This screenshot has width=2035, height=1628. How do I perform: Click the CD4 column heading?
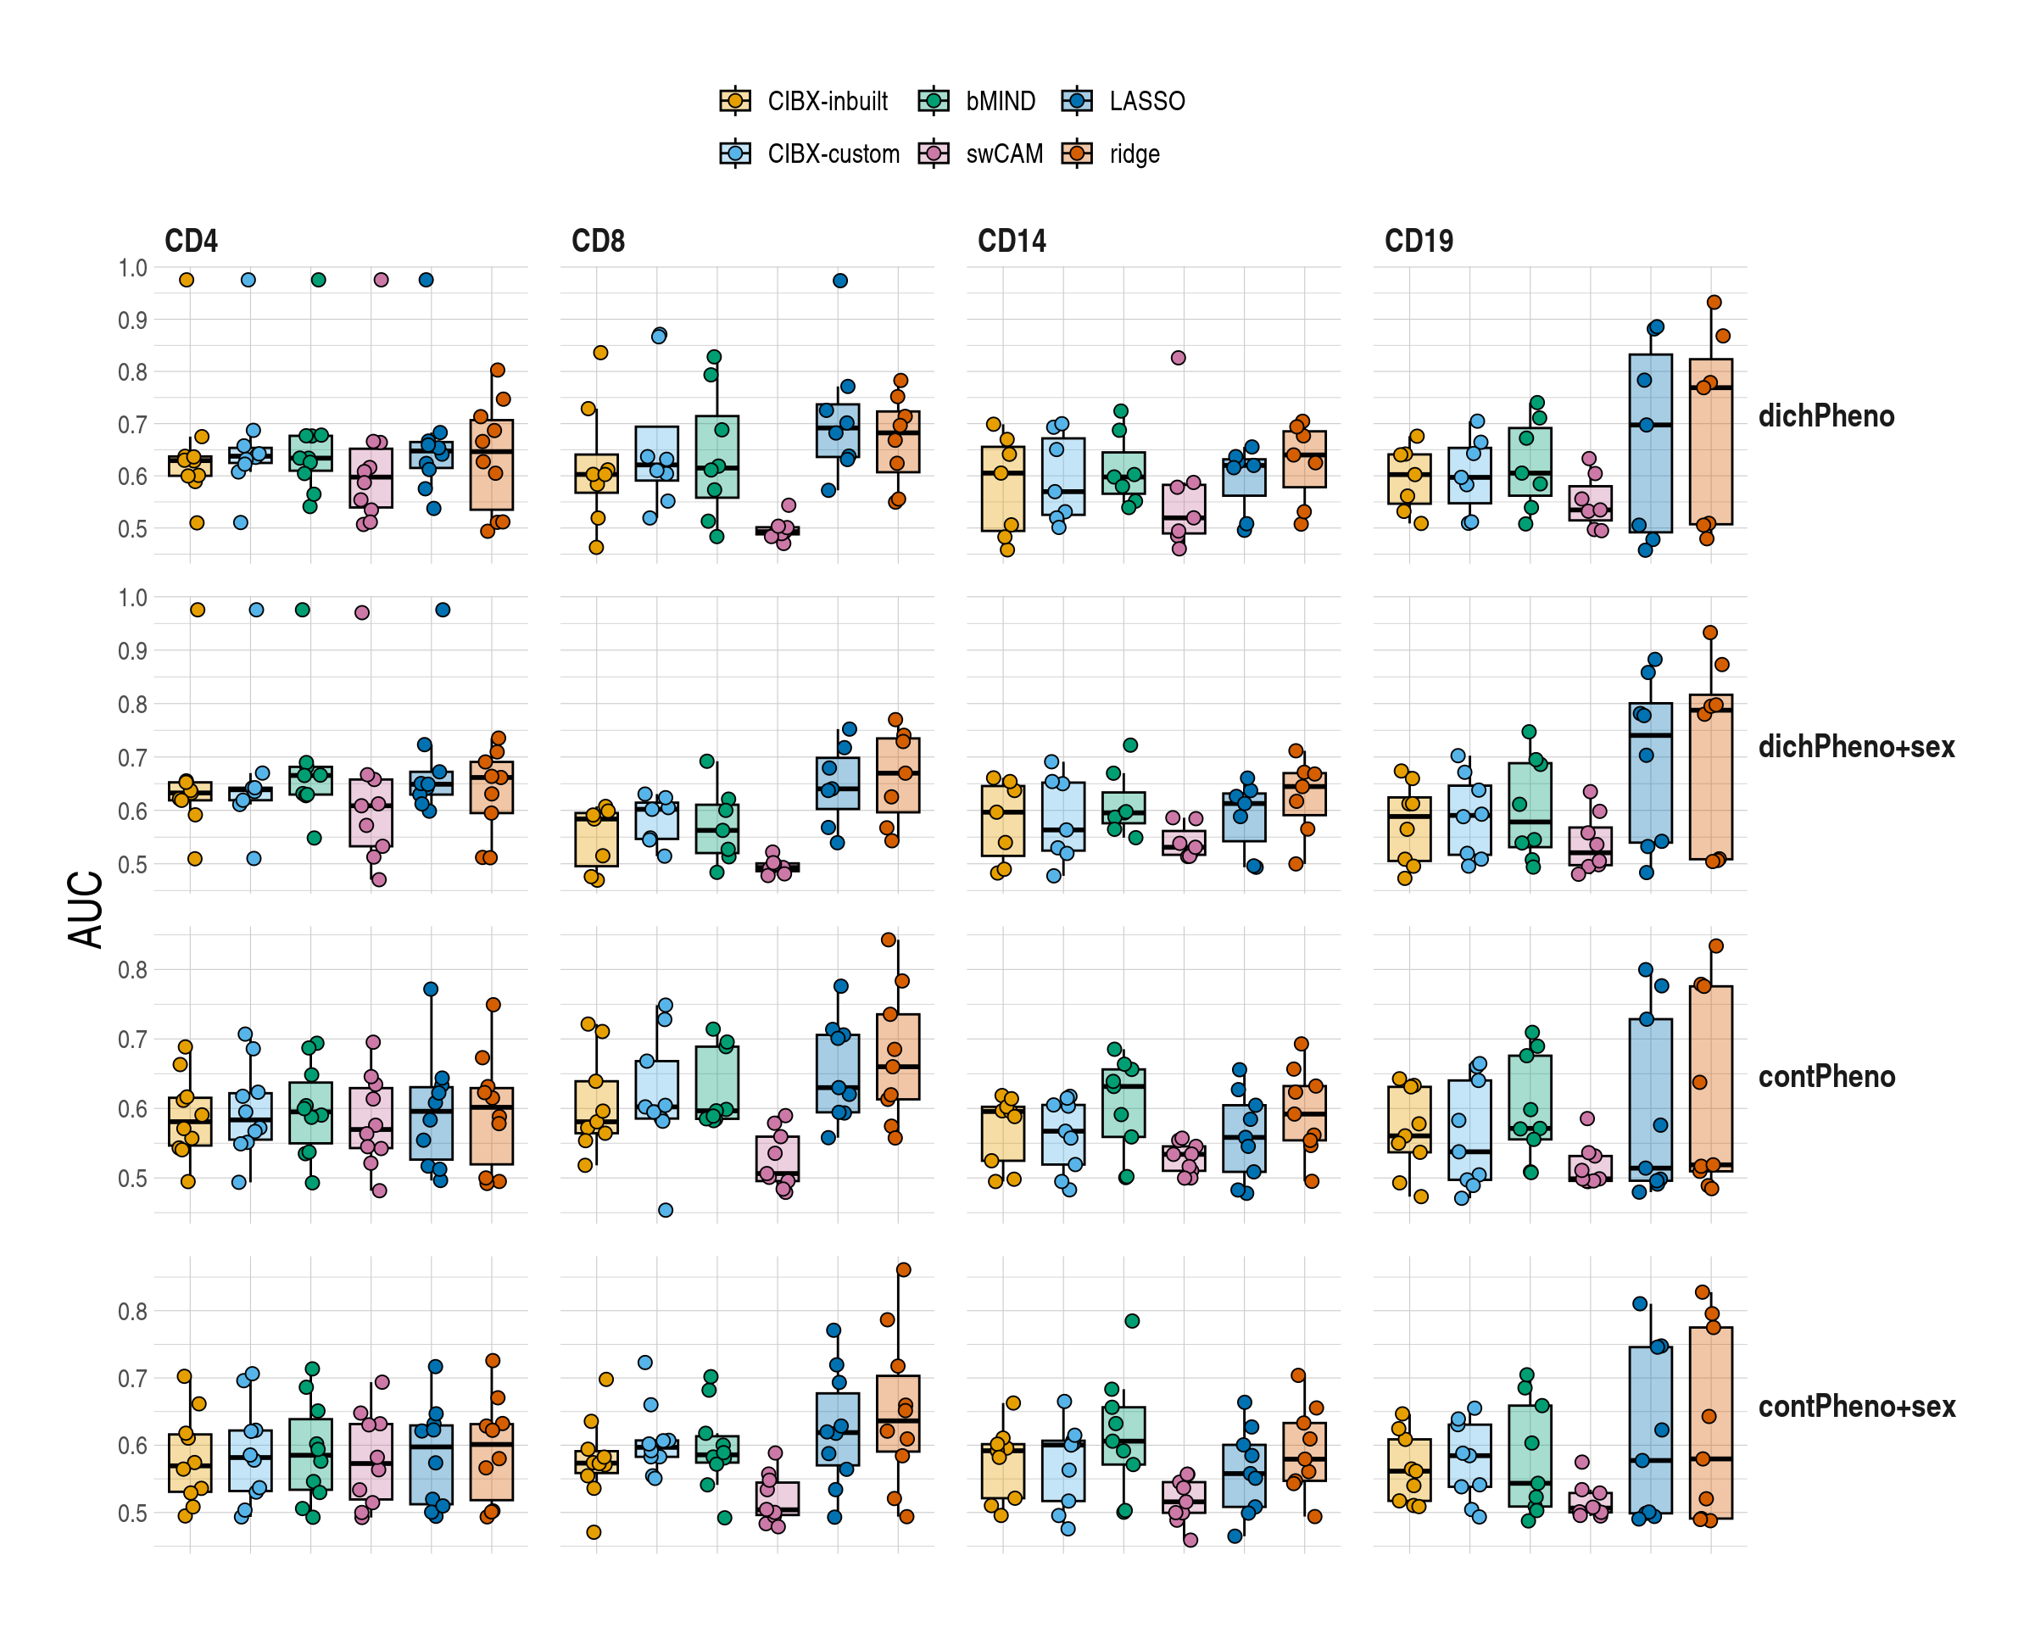[191, 241]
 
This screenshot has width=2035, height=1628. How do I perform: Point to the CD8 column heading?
[598, 241]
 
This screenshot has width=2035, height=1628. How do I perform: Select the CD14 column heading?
[1011, 241]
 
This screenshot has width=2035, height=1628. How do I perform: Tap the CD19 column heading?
[1418, 241]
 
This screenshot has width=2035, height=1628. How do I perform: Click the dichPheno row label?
[1826, 416]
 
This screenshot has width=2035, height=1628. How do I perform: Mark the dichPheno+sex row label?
[1855, 746]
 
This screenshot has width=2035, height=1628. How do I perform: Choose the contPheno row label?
[1826, 1077]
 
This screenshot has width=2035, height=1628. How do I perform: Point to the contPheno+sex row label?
[1855, 1406]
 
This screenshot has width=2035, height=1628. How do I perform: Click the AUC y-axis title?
[86, 909]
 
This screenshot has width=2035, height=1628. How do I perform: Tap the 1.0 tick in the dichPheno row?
[132, 268]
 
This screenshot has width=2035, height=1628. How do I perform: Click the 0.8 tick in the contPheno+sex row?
[132, 1311]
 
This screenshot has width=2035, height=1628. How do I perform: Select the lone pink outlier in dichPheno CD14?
[1178, 358]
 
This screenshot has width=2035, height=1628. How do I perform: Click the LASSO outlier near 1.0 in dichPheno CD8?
[840, 281]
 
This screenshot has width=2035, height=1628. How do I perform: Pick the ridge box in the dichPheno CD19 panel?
[1710, 442]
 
